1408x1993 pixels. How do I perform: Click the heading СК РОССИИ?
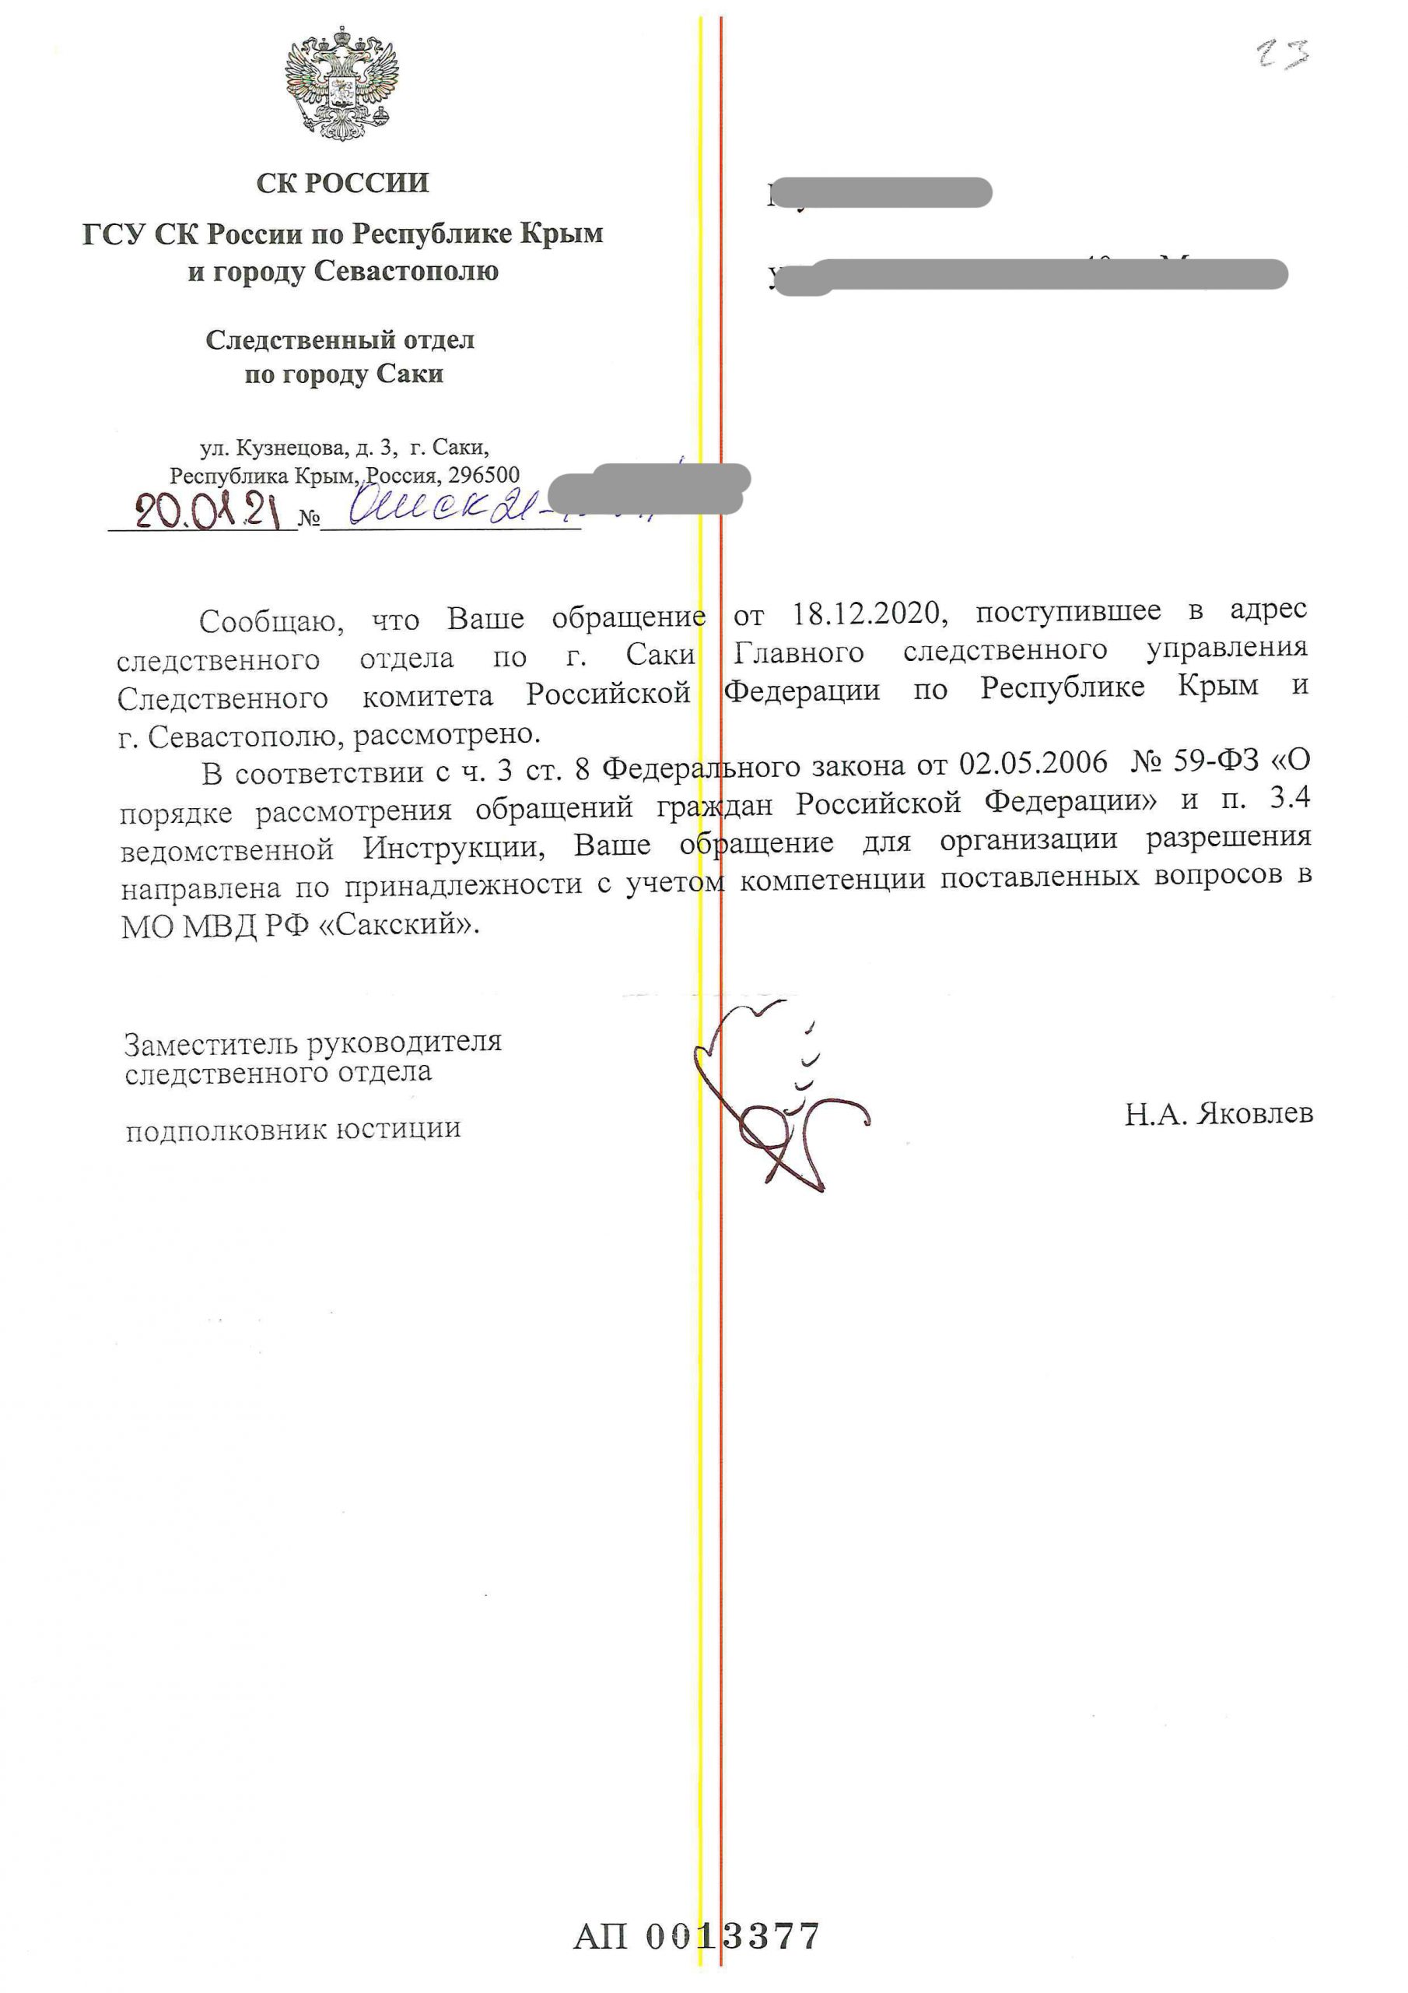(343, 182)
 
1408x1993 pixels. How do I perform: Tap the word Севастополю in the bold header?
(406, 272)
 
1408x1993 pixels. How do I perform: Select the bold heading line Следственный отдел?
(340, 339)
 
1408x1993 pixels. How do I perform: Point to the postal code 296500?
(483, 476)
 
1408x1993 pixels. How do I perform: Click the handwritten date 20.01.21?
(208, 512)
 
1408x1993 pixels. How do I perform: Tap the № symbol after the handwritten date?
(309, 519)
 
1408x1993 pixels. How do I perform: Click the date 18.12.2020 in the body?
(866, 613)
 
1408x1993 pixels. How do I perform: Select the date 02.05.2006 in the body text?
(1033, 762)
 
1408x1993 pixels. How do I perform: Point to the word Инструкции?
(454, 846)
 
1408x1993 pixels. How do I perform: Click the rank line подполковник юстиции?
(293, 1130)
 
